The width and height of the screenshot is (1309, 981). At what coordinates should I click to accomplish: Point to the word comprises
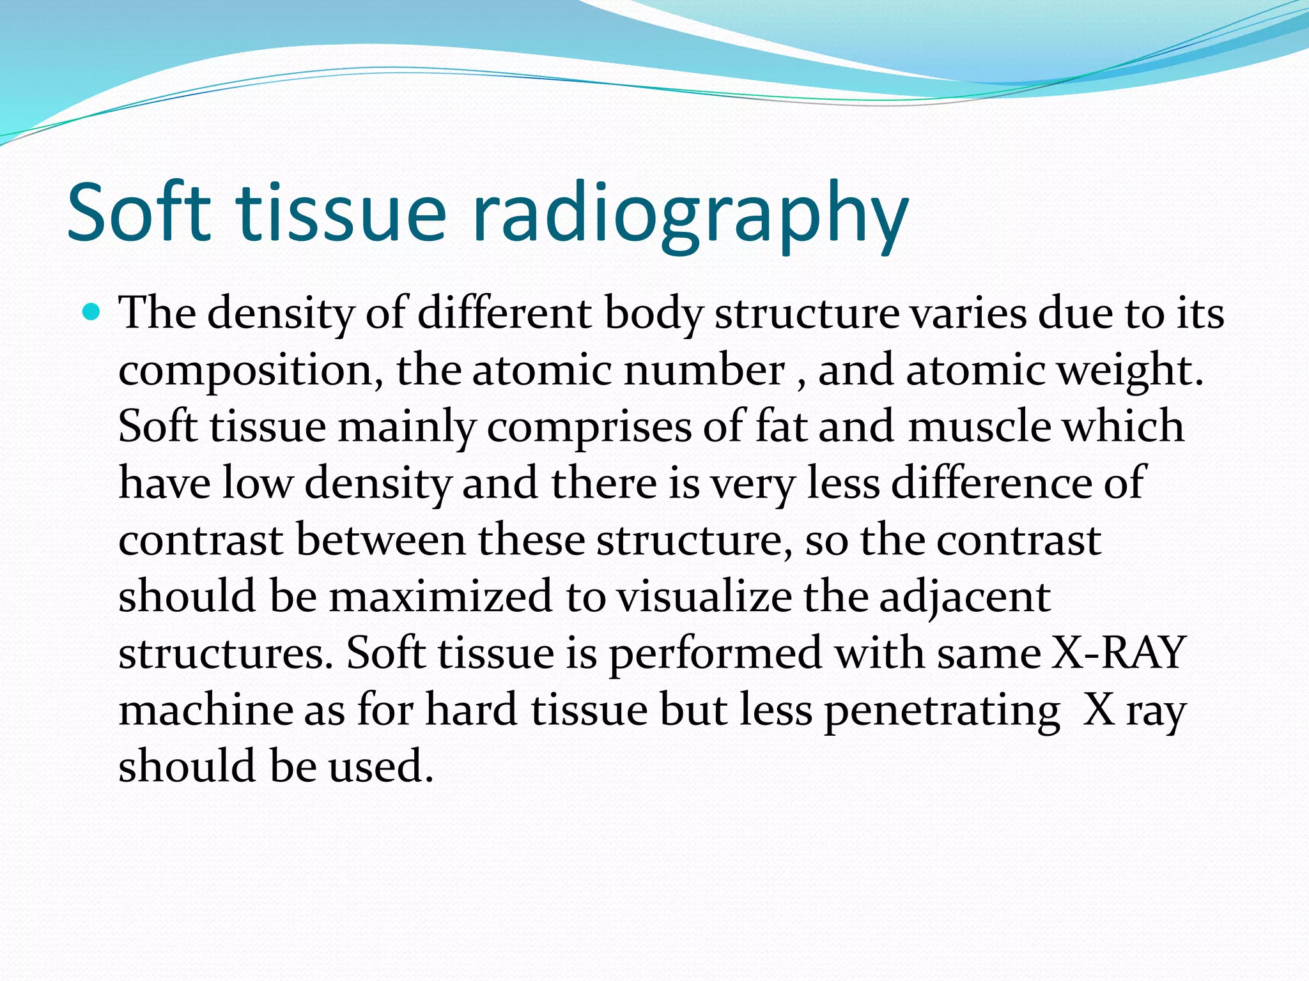pos(589,427)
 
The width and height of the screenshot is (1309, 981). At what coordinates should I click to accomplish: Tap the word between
pos(381,540)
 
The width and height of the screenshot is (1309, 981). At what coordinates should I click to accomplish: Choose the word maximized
pos(440,596)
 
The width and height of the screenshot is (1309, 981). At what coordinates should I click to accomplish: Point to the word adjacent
pos(964,596)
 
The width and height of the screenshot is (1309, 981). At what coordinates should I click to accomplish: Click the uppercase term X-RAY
pos(1118,653)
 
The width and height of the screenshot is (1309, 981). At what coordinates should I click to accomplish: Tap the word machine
pos(205,709)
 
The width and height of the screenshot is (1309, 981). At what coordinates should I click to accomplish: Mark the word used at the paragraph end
pos(381,765)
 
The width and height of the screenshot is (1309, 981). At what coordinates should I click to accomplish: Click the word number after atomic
pos(704,370)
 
